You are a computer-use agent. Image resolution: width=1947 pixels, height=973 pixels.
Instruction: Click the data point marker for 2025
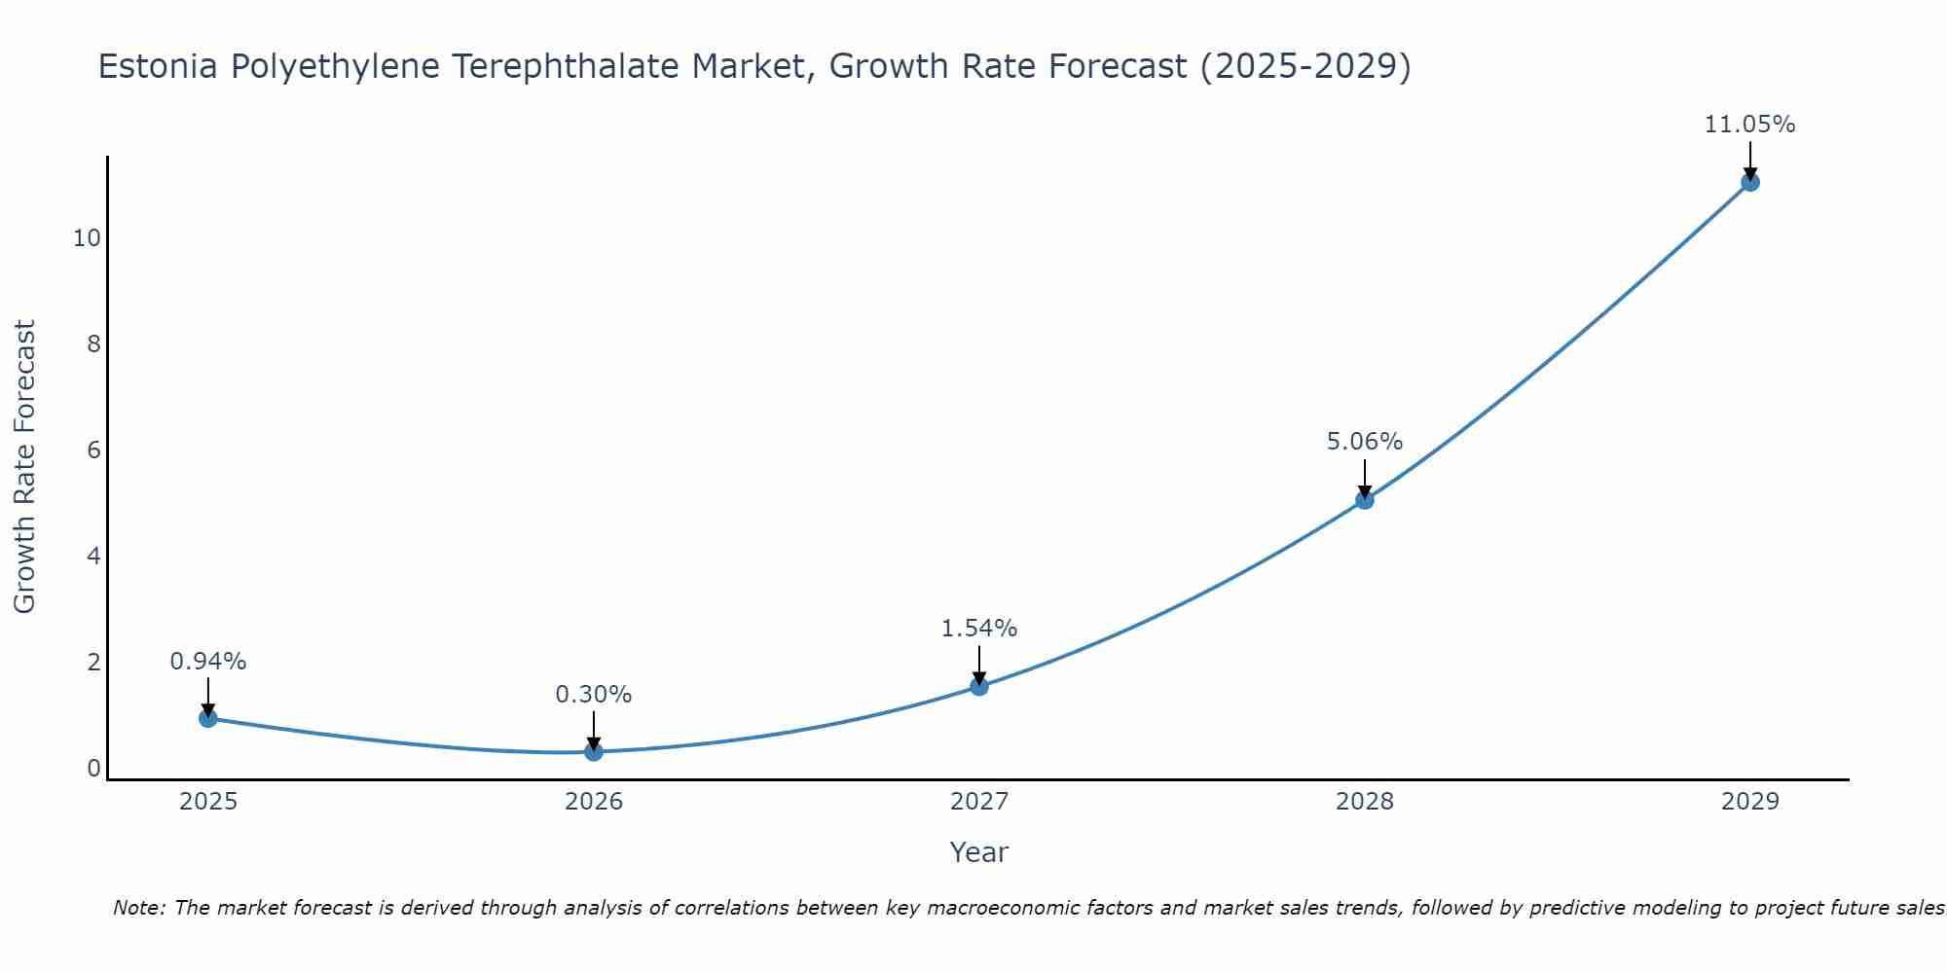(x=208, y=718)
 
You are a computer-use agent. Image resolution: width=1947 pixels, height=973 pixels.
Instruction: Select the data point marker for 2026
(x=594, y=751)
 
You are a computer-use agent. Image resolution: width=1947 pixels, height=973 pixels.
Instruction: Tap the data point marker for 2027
(x=979, y=686)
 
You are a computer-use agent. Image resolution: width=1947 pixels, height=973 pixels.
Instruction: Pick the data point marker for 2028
(x=1365, y=500)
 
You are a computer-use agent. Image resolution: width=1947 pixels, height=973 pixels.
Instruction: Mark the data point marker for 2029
(x=1750, y=182)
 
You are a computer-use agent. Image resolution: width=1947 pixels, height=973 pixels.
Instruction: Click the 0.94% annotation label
(x=208, y=662)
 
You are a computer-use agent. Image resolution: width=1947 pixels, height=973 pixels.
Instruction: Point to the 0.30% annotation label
(x=594, y=695)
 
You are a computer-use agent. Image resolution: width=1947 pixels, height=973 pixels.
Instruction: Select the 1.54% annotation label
(x=979, y=629)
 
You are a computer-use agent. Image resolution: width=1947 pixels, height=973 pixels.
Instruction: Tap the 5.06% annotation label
(x=1365, y=442)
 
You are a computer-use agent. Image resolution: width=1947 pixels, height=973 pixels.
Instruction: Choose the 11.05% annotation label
(x=1750, y=125)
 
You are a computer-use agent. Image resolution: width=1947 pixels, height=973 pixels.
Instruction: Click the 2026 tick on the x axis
(x=594, y=802)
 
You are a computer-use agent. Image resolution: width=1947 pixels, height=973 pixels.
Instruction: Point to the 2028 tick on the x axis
(x=1365, y=802)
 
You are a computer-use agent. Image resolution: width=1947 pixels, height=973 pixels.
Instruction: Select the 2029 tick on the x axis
(x=1750, y=802)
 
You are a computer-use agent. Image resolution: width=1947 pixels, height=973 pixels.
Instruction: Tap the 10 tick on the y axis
(x=87, y=238)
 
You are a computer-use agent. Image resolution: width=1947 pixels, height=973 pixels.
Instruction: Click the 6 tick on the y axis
(x=93, y=450)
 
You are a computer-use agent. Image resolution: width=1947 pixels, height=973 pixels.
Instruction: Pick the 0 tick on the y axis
(x=93, y=769)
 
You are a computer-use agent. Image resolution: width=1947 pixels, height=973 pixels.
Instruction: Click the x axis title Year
(x=979, y=852)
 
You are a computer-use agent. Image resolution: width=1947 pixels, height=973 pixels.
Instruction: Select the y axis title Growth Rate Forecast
(x=24, y=467)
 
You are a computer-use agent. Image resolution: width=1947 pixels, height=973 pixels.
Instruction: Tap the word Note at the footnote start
(x=138, y=908)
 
